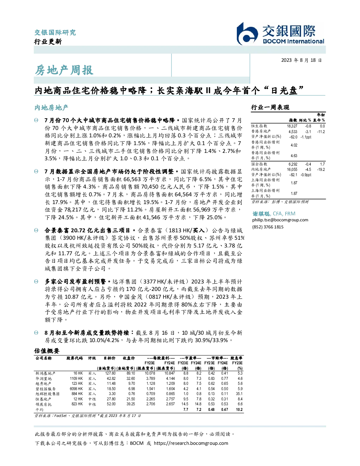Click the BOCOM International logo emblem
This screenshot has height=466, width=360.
point(247,34)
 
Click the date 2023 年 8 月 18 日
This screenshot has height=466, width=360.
point(301,60)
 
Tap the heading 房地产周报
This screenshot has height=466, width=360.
point(64,70)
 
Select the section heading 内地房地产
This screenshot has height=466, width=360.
point(51,108)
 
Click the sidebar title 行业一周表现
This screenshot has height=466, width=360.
point(270,107)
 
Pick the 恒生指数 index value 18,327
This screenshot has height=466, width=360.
point(292,126)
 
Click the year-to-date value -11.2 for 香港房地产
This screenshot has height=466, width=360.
point(321,132)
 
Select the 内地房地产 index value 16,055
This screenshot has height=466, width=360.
point(292,169)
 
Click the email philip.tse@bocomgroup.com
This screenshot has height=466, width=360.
point(280,220)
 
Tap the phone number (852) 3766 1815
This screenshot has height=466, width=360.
point(268,227)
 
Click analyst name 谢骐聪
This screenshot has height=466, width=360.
point(261,214)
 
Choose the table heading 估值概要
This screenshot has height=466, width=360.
point(47,351)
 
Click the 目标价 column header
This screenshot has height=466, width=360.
point(109,358)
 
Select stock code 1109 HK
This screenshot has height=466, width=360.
point(76,379)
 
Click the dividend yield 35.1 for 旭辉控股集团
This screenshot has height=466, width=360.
point(239,394)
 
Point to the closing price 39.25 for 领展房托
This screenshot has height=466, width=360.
point(131,404)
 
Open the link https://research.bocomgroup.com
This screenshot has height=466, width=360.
point(191,443)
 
